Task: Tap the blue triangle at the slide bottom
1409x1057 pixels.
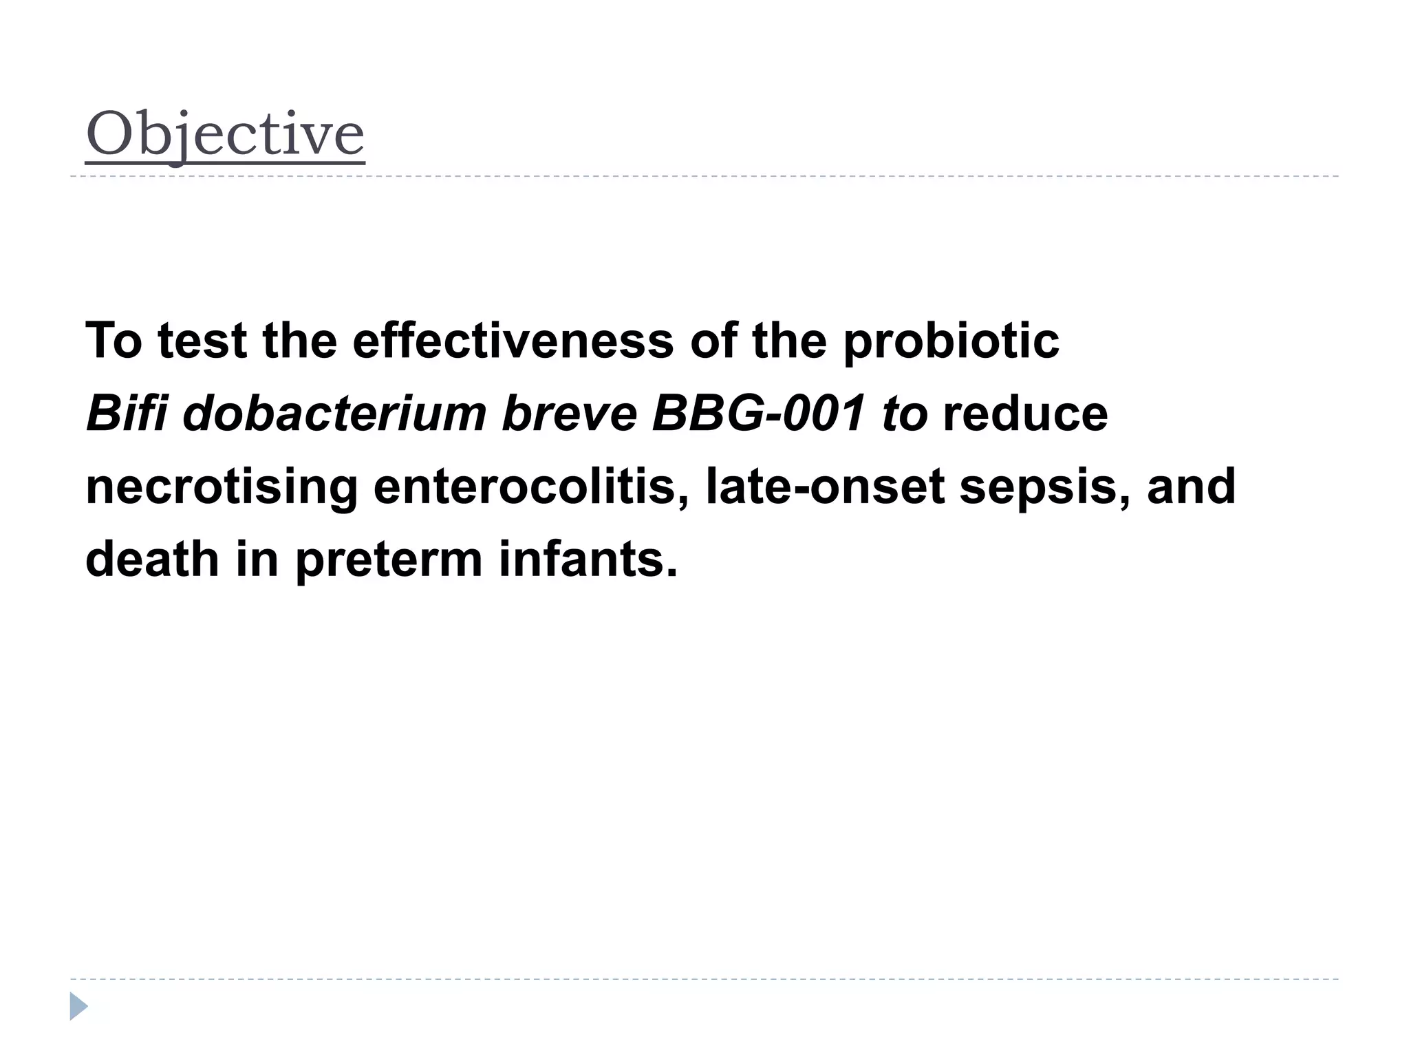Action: pyautogui.click(x=78, y=1006)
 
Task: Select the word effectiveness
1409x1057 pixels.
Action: pyautogui.click(x=513, y=341)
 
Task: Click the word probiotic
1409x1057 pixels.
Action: pyautogui.click(x=951, y=342)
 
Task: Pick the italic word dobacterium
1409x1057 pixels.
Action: pyautogui.click(x=334, y=414)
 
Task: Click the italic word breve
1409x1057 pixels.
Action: pyautogui.click(x=570, y=414)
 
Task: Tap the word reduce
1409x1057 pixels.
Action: pyautogui.click(x=1025, y=414)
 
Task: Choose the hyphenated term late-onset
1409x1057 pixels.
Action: pyautogui.click(x=825, y=487)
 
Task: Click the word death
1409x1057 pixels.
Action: pyautogui.click(x=152, y=559)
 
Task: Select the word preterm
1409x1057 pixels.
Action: pyautogui.click(x=389, y=560)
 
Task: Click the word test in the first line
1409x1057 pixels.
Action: pyautogui.click(x=202, y=341)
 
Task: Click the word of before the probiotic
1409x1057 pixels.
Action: pyautogui.click(x=713, y=341)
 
